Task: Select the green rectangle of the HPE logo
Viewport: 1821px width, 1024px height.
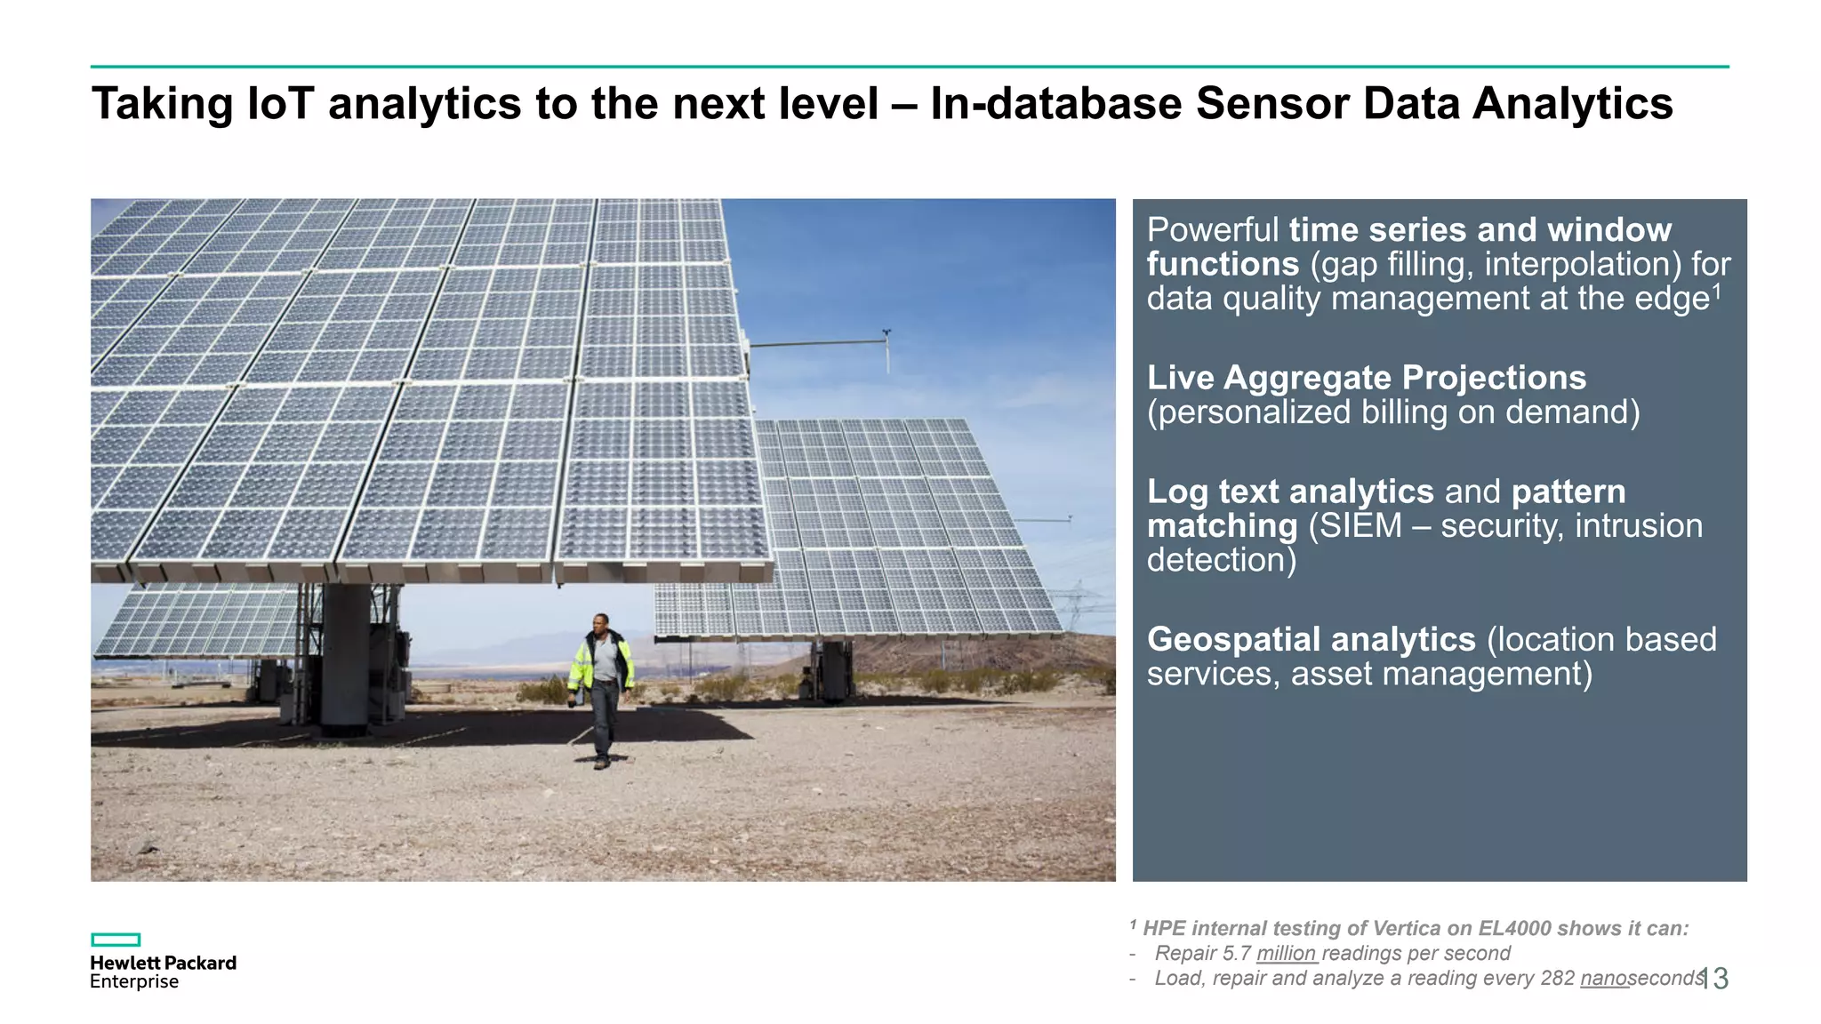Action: pyautogui.click(x=116, y=940)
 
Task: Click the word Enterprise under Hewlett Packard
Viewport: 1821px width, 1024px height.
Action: pyautogui.click(x=134, y=982)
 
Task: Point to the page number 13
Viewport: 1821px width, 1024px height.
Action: pyautogui.click(x=1714, y=979)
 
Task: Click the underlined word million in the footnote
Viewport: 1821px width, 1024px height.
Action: pyautogui.click(x=1286, y=954)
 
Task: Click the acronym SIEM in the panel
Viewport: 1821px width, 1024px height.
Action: pyautogui.click(x=1360, y=526)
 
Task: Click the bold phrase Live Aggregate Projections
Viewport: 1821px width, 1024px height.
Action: pyautogui.click(x=1366, y=378)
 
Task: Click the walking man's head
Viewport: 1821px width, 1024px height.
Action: pyautogui.click(x=601, y=621)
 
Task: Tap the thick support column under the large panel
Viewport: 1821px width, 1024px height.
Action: pyautogui.click(x=346, y=658)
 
